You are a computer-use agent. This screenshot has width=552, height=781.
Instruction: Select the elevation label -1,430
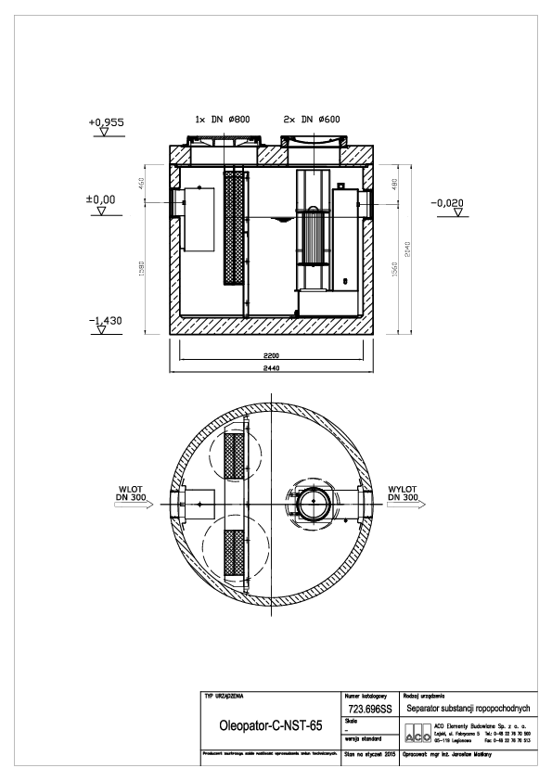tap(104, 321)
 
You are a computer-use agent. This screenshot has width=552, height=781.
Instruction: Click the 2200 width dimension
tap(271, 355)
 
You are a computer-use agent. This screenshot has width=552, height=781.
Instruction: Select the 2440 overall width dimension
tap(271, 368)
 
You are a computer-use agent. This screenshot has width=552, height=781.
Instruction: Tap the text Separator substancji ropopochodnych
tap(469, 707)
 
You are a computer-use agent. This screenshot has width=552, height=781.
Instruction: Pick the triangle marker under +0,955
tap(104, 133)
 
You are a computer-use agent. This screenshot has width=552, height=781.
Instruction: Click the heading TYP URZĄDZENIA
tap(225, 694)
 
